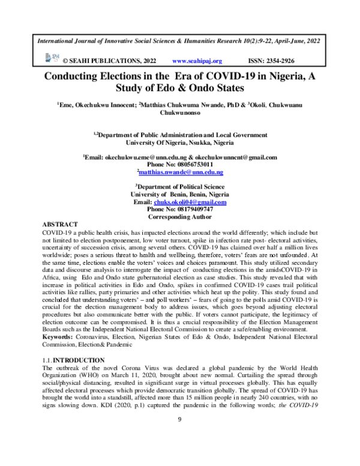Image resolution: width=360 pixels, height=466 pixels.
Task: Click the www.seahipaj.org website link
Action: pos(197,61)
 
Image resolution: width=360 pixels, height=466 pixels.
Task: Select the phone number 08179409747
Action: pos(180,209)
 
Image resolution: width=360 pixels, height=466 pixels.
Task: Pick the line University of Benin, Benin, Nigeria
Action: pos(180,194)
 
